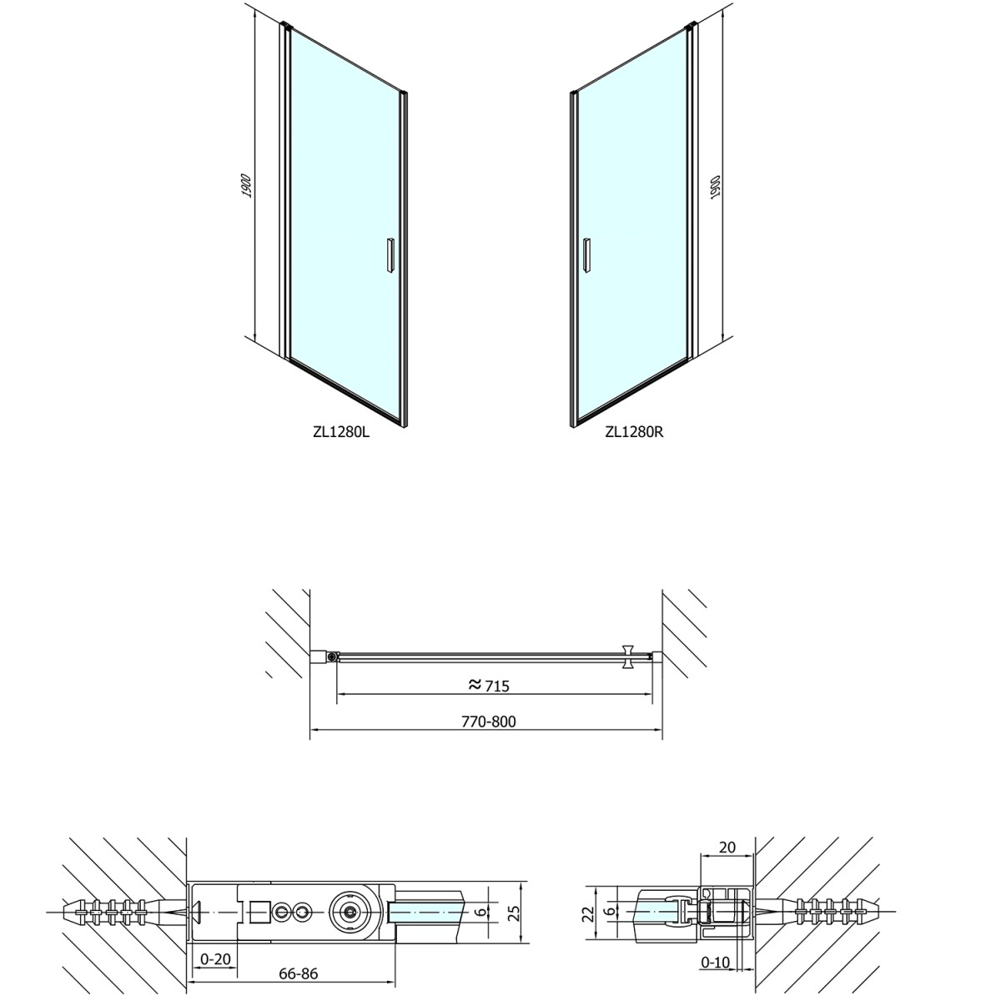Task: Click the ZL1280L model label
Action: pos(341,431)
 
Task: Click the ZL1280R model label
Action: pos(634,431)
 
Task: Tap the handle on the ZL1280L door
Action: pos(390,254)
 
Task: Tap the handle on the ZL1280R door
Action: pos(586,254)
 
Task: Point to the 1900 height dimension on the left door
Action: pos(247,186)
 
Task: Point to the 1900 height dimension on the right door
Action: pos(715,187)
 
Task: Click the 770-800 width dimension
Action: pos(488,722)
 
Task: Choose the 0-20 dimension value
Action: pos(215,943)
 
